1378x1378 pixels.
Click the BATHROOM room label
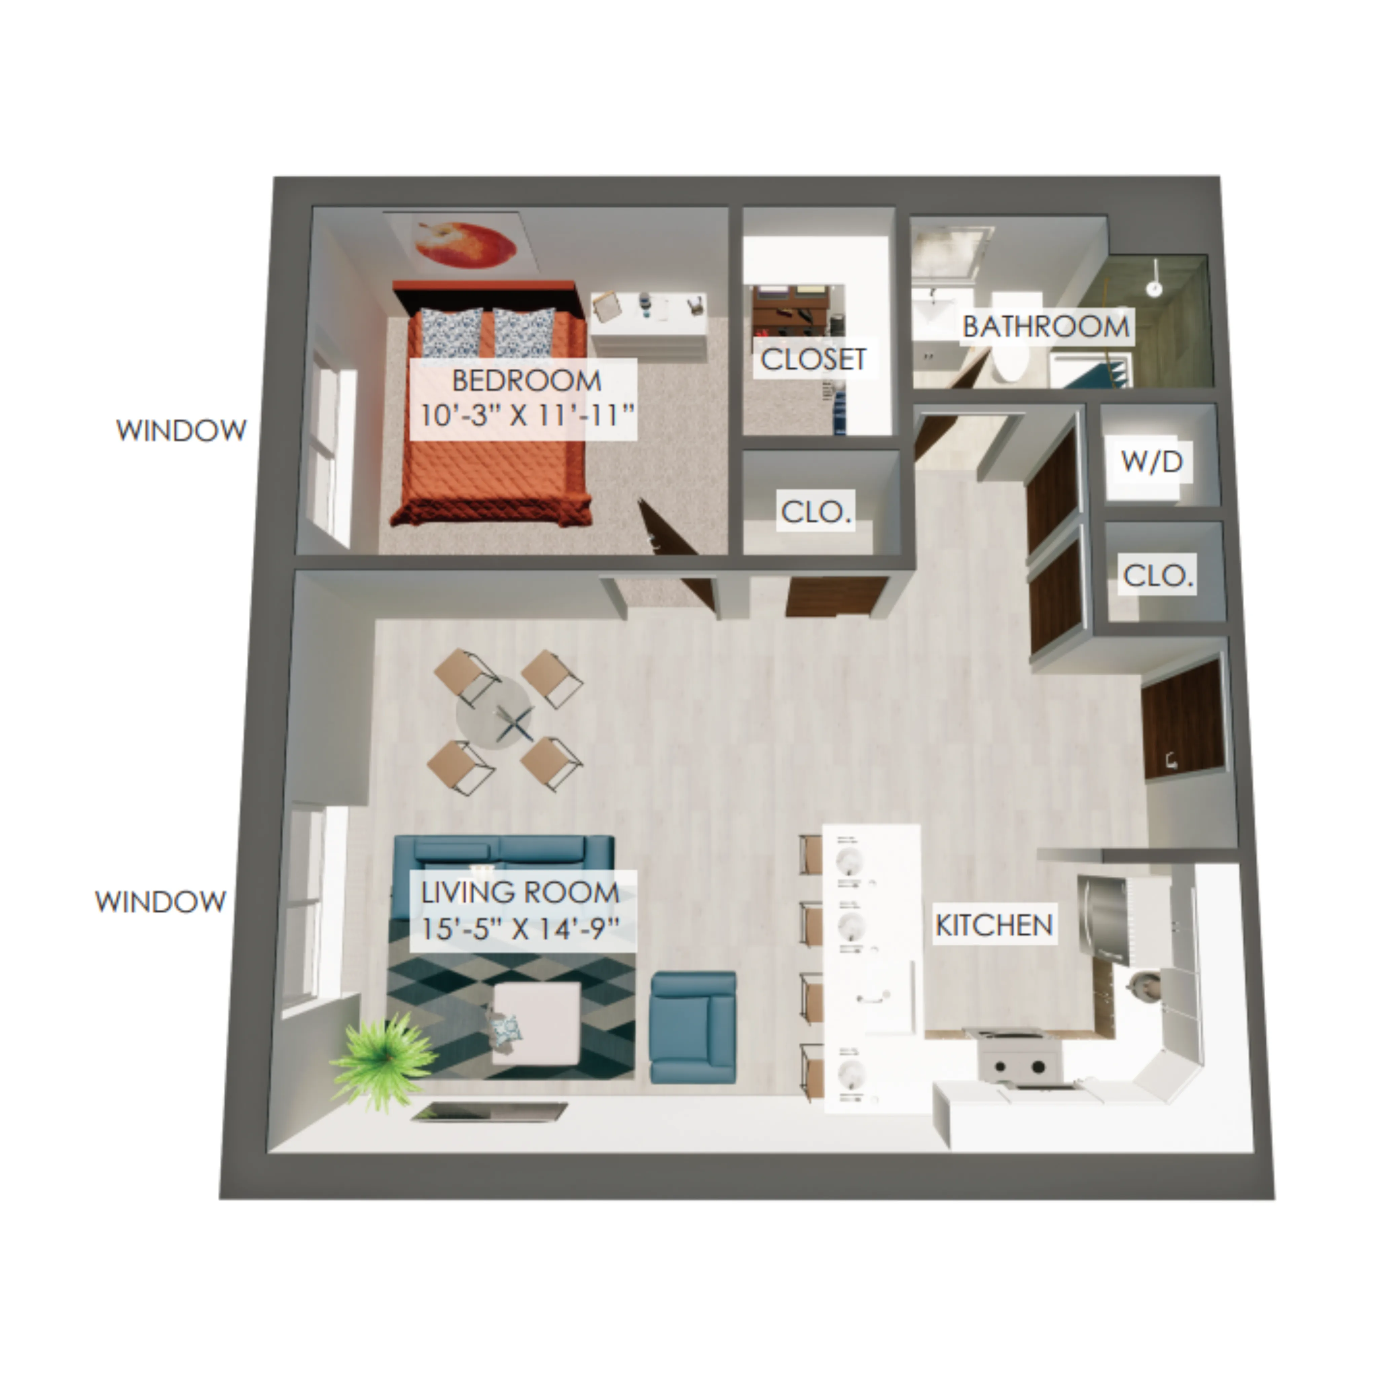click(1046, 327)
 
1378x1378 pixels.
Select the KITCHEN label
click(993, 925)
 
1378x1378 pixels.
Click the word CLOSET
click(813, 359)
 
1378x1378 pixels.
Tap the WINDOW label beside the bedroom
click(181, 430)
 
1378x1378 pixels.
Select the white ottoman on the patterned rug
click(535, 1025)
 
